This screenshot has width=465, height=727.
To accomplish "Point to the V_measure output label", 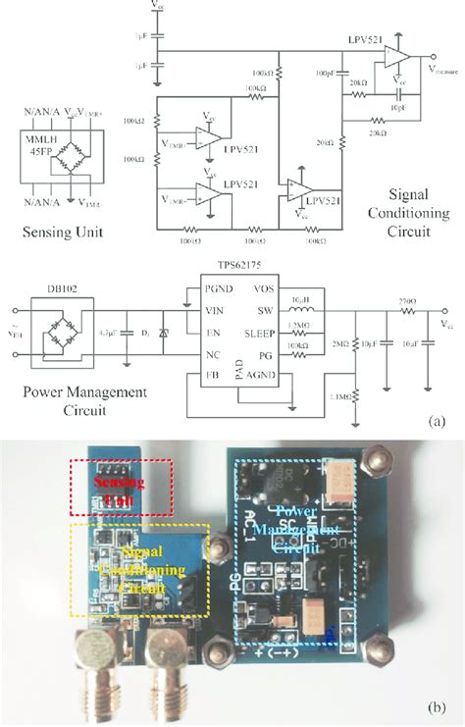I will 444,70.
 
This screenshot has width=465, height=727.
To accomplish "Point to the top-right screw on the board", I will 379,460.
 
